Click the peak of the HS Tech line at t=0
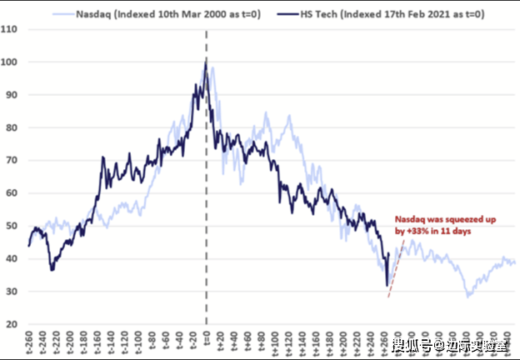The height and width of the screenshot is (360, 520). [206, 61]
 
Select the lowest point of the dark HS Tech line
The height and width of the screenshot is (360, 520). [387, 286]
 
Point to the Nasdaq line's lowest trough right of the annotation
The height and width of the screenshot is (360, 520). [468, 296]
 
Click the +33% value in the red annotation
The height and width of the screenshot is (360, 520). [414, 231]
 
